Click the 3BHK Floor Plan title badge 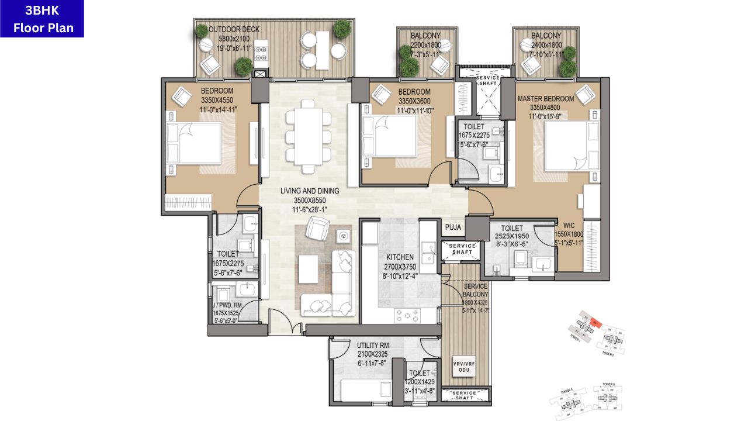[x=42, y=19]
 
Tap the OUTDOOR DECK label [x=234, y=30]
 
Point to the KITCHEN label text [x=400, y=257]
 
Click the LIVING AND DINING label [x=309, y=191]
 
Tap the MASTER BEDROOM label [x=545, y=99]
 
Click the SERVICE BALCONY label [x=476, y=291]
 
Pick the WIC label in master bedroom [x=569, y=224]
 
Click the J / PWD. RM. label [x=227, y=306]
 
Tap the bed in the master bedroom [x=570, y=146]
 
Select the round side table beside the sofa [x=344, y=236]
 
